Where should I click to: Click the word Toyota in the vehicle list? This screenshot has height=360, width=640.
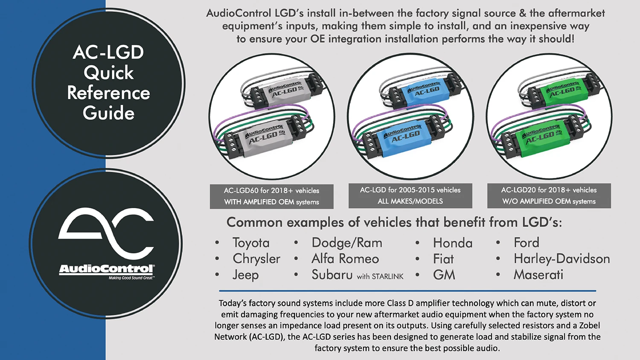(x=251, y=243)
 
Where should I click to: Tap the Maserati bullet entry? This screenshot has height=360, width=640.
(x=538, y=275)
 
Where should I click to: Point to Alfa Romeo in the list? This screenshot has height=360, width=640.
(x=345, y=259)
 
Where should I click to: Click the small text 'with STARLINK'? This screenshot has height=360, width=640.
(x=380, y=276)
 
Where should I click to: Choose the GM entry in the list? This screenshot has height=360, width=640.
(x=444, y=275)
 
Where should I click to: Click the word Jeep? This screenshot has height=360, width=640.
(x=245, y=275)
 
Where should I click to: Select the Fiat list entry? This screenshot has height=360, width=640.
(x=443, y=259)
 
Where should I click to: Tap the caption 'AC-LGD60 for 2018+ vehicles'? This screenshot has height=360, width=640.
(x=271, y=191)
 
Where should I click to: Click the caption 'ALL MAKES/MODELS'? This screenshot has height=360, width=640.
(x=410, y=201)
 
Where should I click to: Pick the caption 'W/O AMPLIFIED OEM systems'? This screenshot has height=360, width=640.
(x=549, y=201)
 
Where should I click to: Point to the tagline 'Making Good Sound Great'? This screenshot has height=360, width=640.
(x=131, y=278)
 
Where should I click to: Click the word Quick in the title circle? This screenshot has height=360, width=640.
(x=108, y=73)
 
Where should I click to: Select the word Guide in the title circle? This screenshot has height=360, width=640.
(x=108, y=113)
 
